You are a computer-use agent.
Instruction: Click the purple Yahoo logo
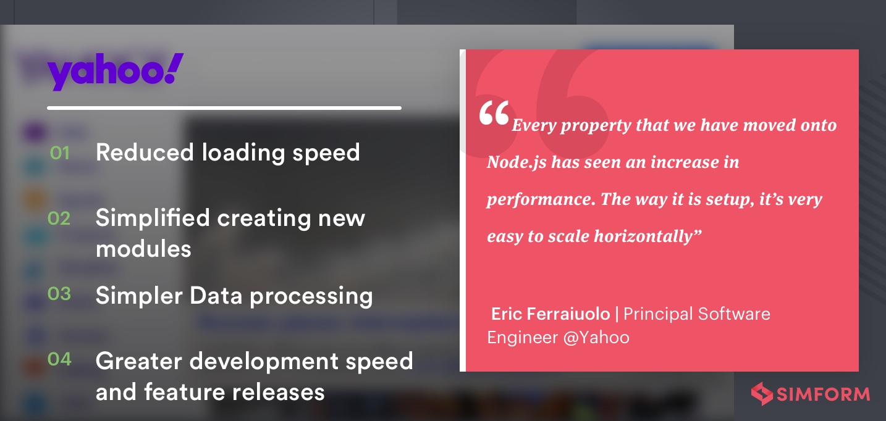point(115,71)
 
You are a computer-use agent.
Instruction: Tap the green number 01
point(60,153)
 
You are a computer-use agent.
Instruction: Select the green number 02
point(59,218)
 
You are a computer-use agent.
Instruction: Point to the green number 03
point(59,294)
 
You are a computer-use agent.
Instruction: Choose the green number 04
point(59,359)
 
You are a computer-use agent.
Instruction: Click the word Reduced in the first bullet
point(145,152)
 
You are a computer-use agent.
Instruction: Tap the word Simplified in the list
point(153,218)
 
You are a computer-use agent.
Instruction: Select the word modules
point(143,249)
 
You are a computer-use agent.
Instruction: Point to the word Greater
point(139,361)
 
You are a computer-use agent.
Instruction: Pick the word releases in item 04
point(279,392)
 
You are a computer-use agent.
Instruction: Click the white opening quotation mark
point(494,113)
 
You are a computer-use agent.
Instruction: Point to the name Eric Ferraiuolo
point(551,314)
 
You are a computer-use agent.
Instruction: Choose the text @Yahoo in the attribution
point(596,338)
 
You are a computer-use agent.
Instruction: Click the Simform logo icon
point(762,394)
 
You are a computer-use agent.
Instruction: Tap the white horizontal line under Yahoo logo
point(224,108)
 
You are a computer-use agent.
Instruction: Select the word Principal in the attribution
point(658,314)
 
